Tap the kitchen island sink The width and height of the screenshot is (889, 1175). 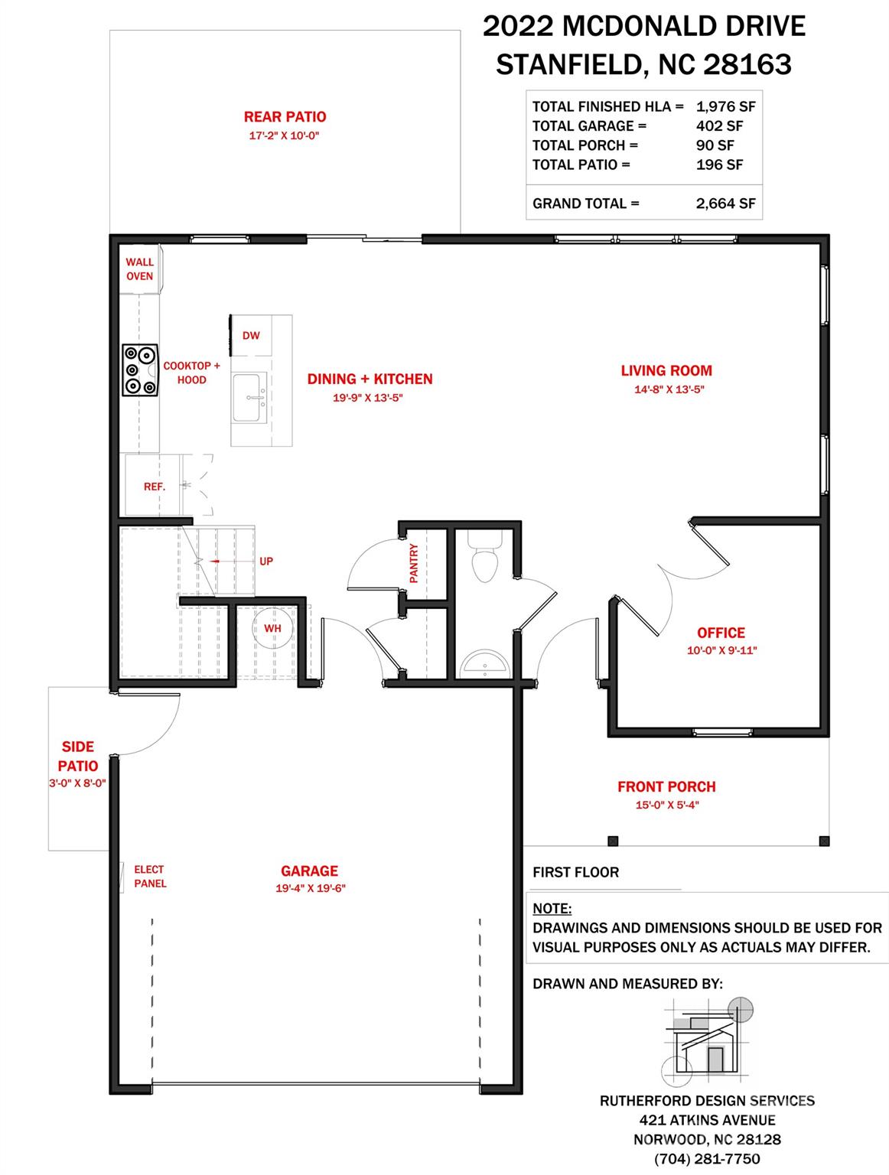[249, 398]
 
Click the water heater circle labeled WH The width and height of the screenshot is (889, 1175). [272, 628]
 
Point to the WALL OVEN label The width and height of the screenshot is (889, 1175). [140, 269]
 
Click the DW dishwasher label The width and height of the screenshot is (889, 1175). [251, 336]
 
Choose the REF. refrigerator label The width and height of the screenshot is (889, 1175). [154, 487]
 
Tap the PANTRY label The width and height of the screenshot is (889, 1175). [414, 563]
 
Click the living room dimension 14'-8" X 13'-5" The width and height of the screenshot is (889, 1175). [669, 389]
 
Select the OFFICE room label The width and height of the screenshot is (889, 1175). [721, 633]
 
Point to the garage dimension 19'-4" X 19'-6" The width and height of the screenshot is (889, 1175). [311, 888]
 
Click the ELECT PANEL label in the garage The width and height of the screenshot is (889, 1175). [150, 877]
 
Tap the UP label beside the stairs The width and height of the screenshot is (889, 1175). [266, 561]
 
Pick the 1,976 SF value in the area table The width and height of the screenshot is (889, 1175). [726, 107]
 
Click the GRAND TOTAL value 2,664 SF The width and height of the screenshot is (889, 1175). [726, 203]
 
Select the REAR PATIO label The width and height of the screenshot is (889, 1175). [285, 117]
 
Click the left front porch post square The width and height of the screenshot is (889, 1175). [614, 841]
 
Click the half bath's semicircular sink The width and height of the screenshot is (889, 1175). [486, 663]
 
